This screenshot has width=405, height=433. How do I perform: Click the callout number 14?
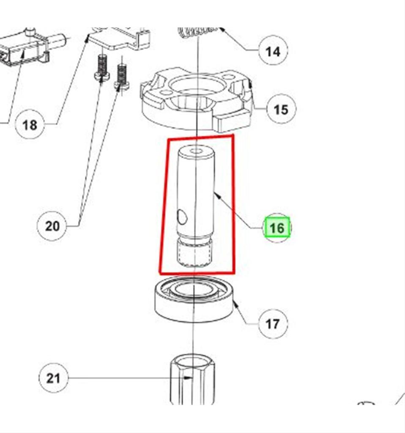(273, 51)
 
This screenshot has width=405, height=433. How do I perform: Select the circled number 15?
(281, 110)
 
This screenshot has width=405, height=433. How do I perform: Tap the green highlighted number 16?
(277, 228)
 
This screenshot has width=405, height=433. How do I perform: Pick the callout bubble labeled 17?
(273, 324)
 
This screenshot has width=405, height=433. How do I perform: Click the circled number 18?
(29, 125)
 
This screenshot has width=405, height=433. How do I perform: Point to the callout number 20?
(52, 226)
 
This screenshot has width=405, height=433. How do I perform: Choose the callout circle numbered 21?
(53, 378)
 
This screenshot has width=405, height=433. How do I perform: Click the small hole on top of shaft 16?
(196, 151)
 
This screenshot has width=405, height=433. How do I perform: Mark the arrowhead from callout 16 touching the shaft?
(215, 193)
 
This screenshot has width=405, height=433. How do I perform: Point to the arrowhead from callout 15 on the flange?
(251, 83)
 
